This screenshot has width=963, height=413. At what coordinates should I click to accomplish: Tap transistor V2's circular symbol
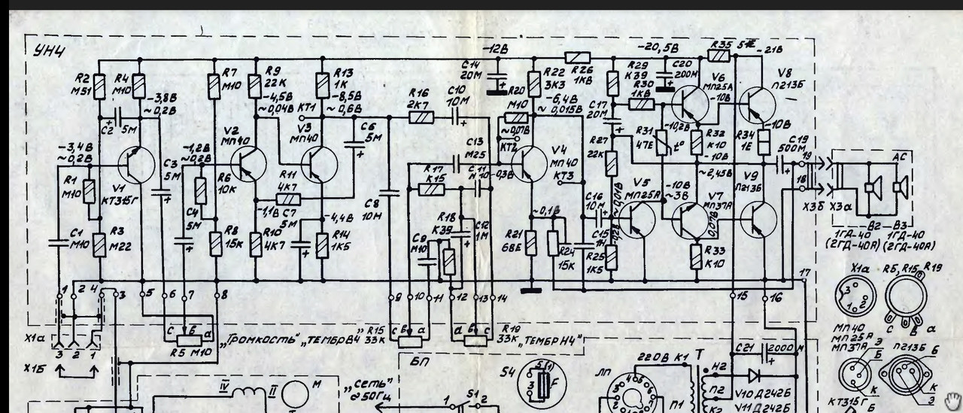248,165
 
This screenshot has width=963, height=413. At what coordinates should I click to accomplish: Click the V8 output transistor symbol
755,105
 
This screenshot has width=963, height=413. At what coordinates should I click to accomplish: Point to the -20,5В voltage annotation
663,48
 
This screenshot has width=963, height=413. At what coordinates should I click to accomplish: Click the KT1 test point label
307,108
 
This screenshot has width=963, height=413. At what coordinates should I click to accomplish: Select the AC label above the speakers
898,157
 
